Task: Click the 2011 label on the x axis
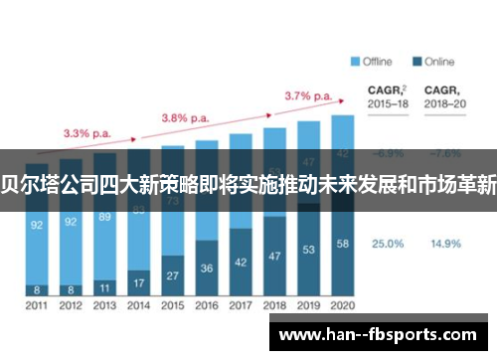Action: pyautogui.click(x=37, y=305)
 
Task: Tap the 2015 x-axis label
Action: pyautogui.click(x=172, y=305)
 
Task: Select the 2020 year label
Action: pyautogui.click(x=342, y=305)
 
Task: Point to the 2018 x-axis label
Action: pyautogui.click(x=274, y=305)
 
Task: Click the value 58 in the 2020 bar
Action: pyautogui.click(x=343, y=243)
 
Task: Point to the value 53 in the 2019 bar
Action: pyautogui.click(x=309, y=249)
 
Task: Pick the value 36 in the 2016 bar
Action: pyautogui.click(x=207, y=268)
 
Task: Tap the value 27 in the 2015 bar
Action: pyautogui.click(x=173, y=274)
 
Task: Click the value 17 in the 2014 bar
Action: pyautogui.click(x=139, y=282)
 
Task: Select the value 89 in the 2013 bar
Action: pyautogui.click(x=104, y=216)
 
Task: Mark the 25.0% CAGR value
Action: pyautogui.click(x=388, y=243)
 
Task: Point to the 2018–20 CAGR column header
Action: pyautogui.click(x=445, y=95)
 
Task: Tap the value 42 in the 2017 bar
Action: pyautogui.click(x=241, y=262)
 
